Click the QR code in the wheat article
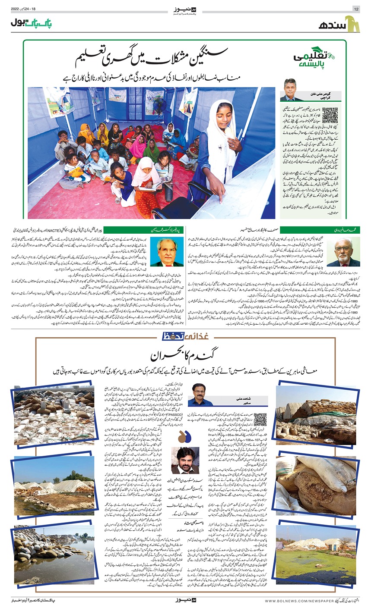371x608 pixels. click(261, 419)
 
